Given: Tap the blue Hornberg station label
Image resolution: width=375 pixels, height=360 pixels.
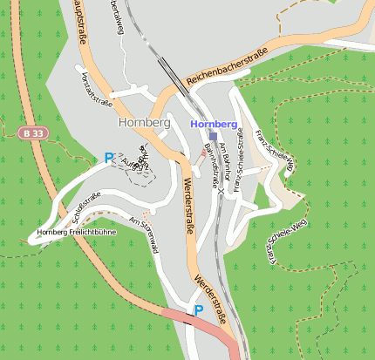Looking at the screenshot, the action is click(213, 125).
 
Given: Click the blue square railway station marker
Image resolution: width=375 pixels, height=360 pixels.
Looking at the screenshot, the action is click(213, 137).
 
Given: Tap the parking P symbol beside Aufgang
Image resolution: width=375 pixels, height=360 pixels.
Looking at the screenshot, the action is click(109, 158).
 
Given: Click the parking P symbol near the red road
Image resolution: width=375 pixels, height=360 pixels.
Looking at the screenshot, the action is click(199, 309).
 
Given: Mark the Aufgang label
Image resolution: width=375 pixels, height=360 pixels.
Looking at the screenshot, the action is click(130, 164).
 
